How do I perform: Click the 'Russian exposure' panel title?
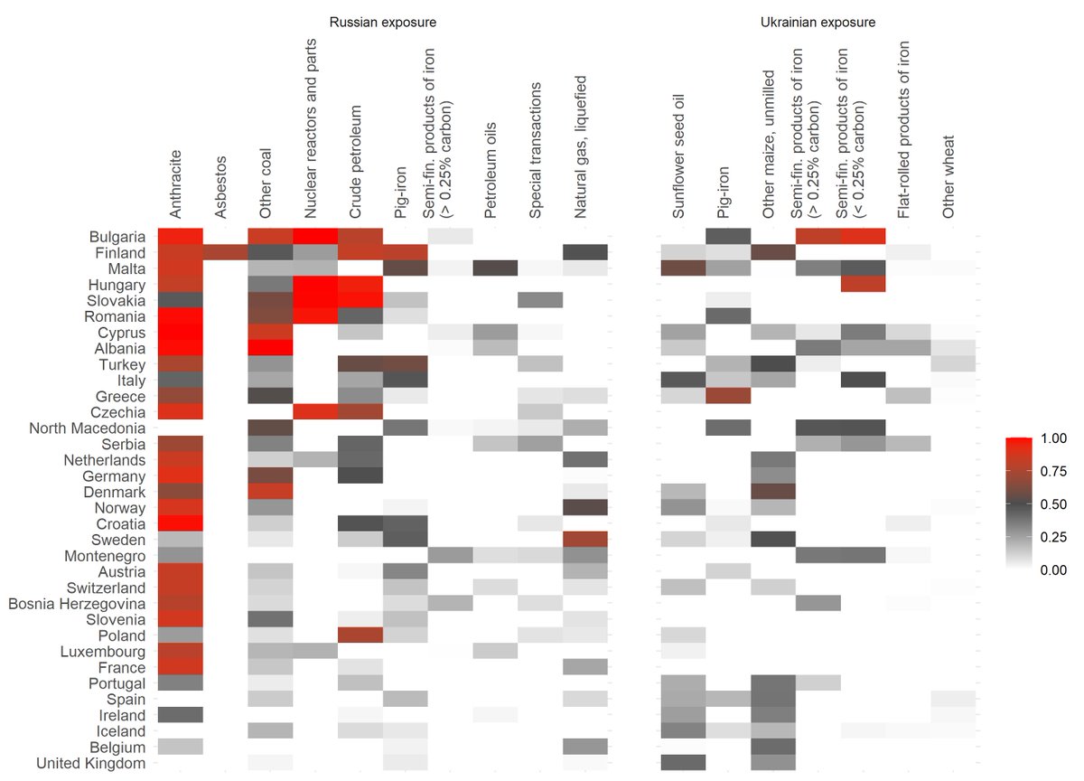point(384,22)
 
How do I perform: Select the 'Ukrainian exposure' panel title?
point(818,22)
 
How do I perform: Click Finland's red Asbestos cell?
point(225,252)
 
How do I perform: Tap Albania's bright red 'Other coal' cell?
point(270,348)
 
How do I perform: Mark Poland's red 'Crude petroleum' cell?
point(360,635)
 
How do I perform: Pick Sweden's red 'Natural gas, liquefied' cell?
point(585,540)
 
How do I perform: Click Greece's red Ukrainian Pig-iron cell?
point(727,396)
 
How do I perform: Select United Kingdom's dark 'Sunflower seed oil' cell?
point(682,764)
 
